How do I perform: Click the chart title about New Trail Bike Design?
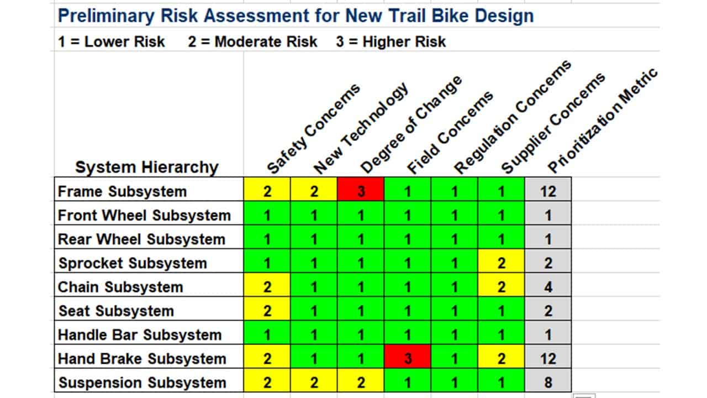[296, 15]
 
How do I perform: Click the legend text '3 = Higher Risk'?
[391, 42]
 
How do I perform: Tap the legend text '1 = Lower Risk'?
[112, 42]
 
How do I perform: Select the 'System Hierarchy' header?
[146, 167]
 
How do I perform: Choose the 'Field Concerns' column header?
[450, 133]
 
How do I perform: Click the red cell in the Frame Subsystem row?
[361, 191]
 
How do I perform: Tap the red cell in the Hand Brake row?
[408, 358]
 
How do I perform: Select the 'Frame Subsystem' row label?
[122, 191]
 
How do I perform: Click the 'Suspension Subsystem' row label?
[142, 383]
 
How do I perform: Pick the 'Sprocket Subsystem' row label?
[133, 263]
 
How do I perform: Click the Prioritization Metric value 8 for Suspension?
[547, 383]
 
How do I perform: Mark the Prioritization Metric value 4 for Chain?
[547, 287]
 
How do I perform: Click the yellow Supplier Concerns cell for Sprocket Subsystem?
[501, 263]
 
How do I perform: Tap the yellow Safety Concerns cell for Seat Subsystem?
[267, 311]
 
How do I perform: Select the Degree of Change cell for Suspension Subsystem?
[361, 383]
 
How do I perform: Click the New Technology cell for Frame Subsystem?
[314, 191]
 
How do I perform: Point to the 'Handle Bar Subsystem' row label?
[139, 335]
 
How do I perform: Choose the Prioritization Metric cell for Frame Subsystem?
[547, 191]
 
